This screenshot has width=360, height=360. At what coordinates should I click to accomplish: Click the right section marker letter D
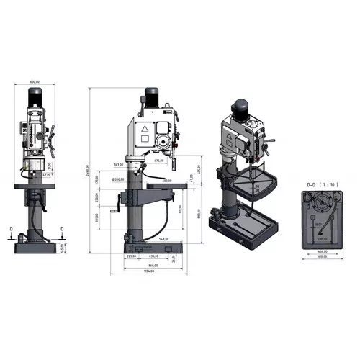(63, 230)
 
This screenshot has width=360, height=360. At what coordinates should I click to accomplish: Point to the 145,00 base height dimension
(63, 247)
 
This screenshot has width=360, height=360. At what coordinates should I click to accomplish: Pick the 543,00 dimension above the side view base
(163, 239)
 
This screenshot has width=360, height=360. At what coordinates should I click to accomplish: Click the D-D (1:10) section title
(317, 185)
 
